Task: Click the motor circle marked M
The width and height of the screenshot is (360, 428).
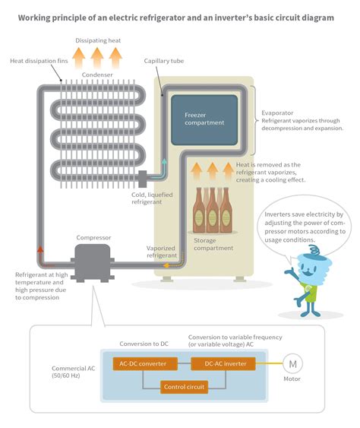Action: tap(292, 363)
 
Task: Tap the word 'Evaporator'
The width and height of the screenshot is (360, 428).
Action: tap(277, 112)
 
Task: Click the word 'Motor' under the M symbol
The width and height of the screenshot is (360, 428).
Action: tap(292, 379)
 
